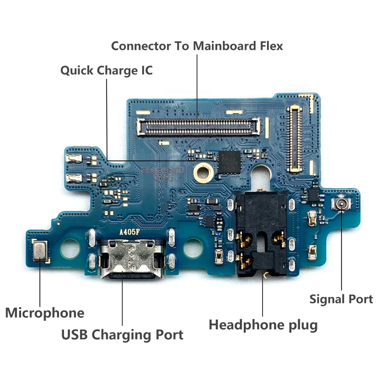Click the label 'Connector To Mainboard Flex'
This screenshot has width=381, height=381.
tap(197, 46)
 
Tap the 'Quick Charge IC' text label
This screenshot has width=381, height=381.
tap(106, 70)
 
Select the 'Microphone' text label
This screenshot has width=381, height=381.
tap(45, 313)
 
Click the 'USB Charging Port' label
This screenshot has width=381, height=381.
tap(122, 335)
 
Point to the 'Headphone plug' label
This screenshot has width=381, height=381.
tap(263, 325)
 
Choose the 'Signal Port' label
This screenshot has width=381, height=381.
tap(341, 299)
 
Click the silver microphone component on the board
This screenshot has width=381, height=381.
tap(40, 252)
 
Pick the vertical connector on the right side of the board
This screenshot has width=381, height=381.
tap(295, 138)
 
